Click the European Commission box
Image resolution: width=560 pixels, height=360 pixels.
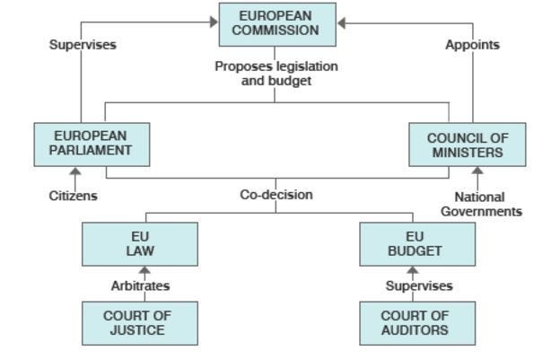[x=277, y=24]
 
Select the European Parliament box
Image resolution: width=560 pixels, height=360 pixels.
[x=92, y=144]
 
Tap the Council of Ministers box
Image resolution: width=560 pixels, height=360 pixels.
[x=467, y=145]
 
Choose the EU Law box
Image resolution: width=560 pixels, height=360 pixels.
[x=140, y=244]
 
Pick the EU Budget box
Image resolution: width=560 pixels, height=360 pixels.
[x=417, y=244]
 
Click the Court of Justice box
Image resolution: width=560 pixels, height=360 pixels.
[x=140, y=323]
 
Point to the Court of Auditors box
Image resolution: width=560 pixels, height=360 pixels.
[x=417, y=323]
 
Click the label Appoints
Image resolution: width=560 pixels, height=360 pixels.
[x=472, y=44]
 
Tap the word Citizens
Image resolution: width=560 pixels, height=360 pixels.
[x=74, y=195]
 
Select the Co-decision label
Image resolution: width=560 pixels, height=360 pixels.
[x=276, y=194]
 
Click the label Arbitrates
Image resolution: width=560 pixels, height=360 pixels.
[x=140, y=285]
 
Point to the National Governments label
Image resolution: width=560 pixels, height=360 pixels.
[x=480, y=204]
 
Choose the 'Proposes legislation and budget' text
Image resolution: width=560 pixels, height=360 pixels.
[x=276, y=73]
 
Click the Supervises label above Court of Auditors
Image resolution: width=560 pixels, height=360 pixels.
[x=418, y=285]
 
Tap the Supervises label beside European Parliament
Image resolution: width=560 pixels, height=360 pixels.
[x=83, y=44]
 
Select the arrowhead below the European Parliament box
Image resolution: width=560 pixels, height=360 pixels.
[x=75, y=171]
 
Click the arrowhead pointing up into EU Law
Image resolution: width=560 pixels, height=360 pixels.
[x=144, y=270]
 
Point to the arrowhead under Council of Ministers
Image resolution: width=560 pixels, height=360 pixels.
[x=477, y=171]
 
